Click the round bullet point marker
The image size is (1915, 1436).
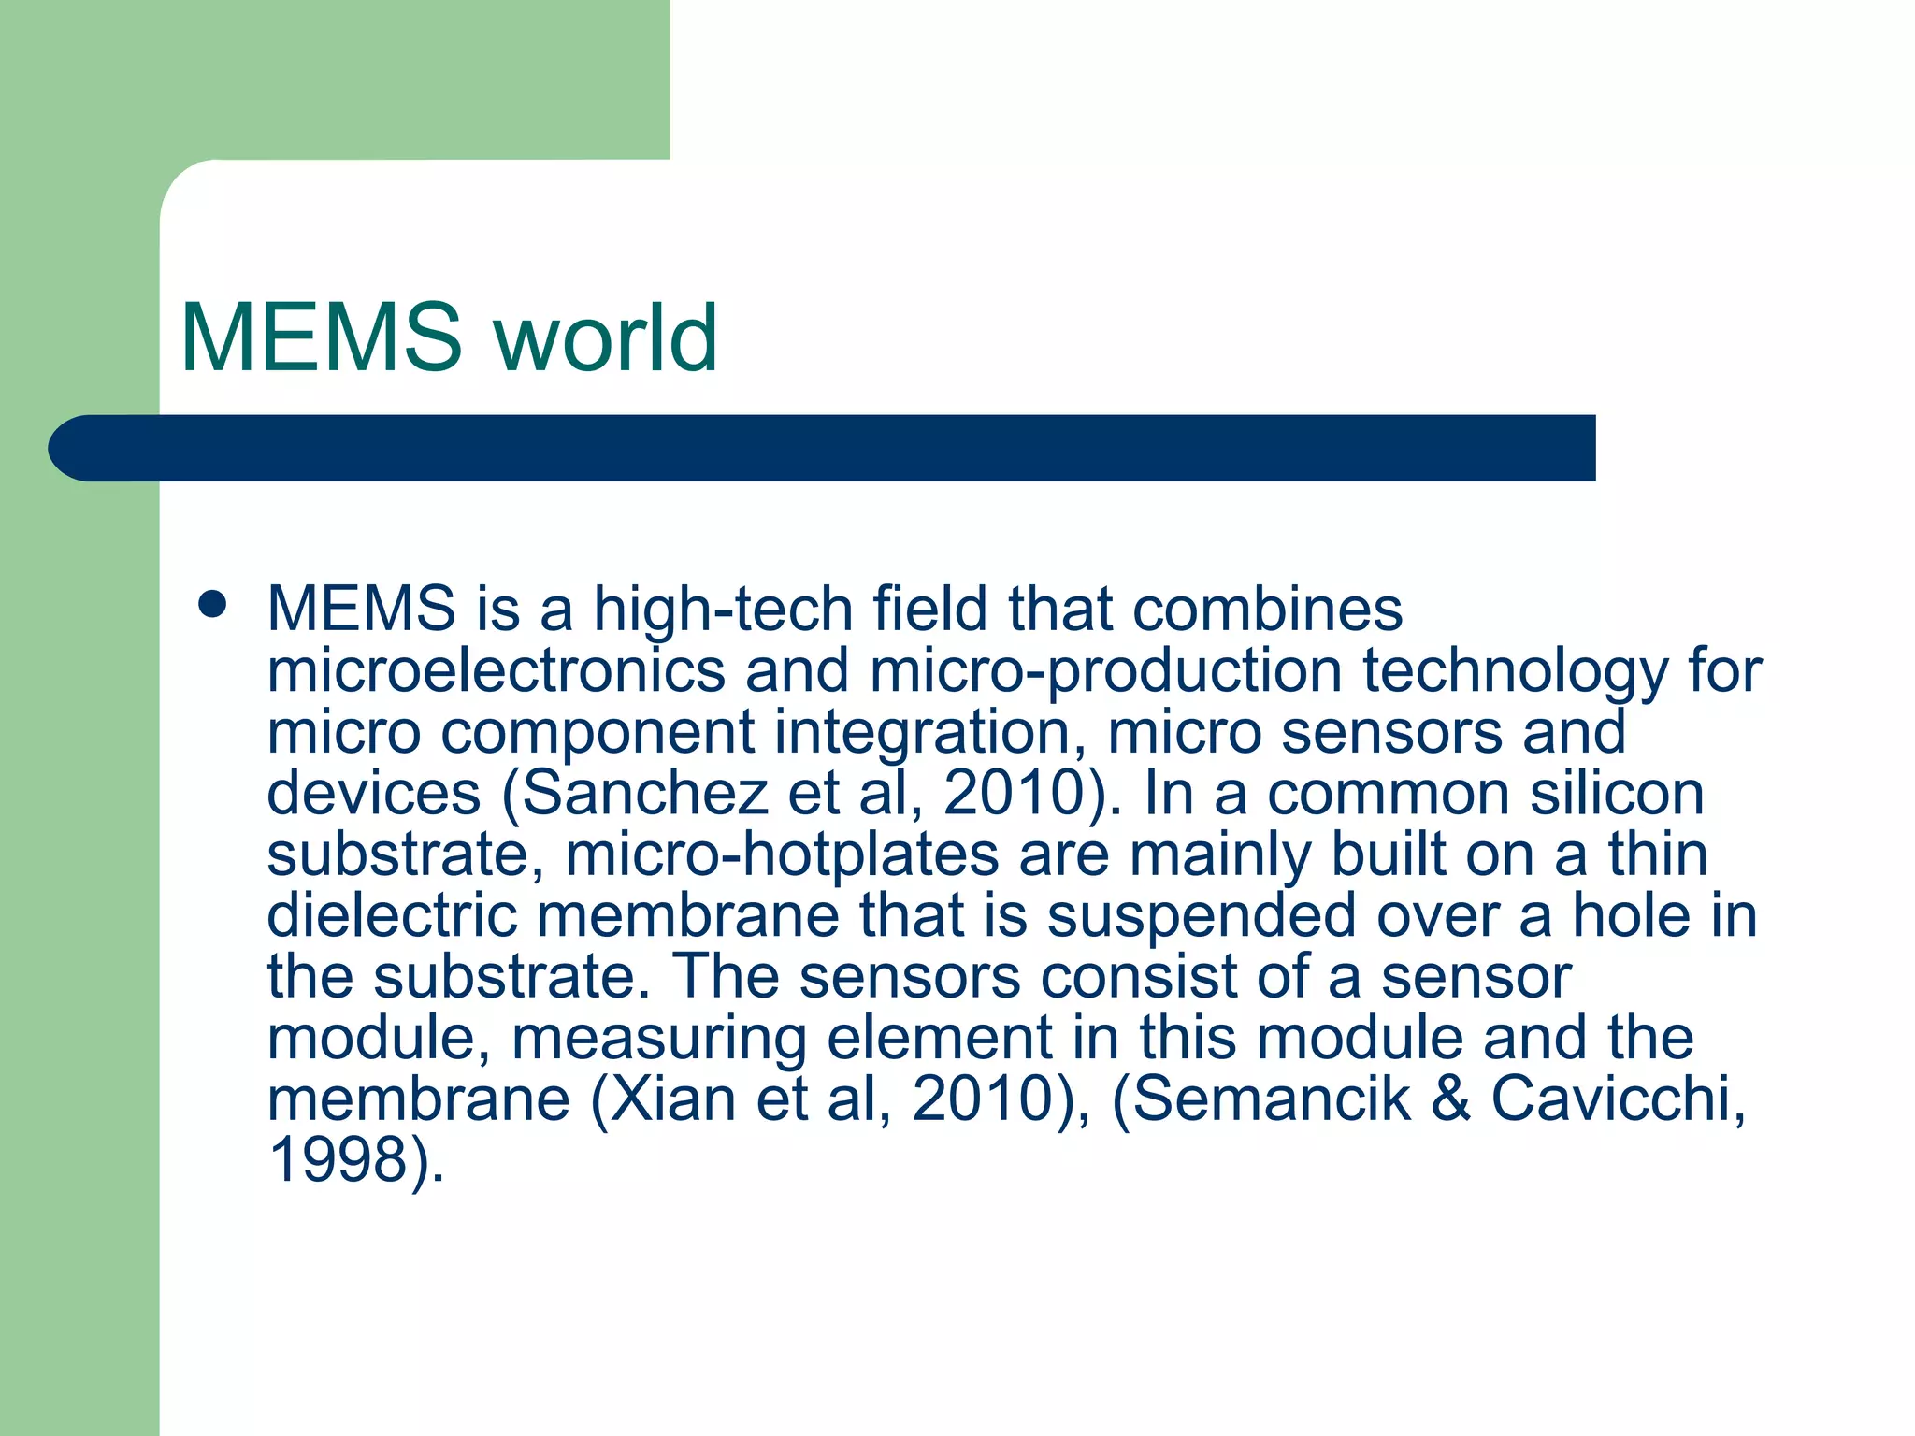click(213, 604)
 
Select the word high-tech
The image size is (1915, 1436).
click(724, 610)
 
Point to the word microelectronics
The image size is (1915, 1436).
click(497, 670)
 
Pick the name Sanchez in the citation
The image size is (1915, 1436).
click(644, 794)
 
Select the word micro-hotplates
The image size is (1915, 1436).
click(783, 855)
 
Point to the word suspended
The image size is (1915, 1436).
click(1202, 917)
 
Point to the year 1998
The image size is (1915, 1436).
click(338, 1160)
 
